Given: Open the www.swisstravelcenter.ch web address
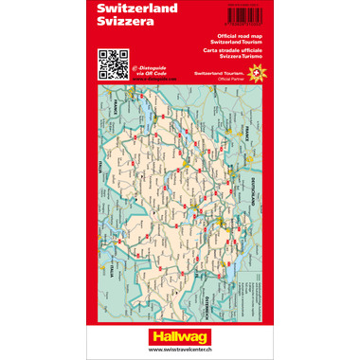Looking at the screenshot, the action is click(x=180, y=350).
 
